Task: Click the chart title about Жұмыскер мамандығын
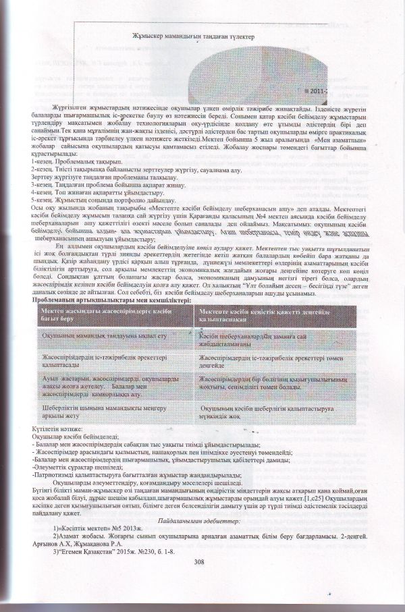174,38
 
